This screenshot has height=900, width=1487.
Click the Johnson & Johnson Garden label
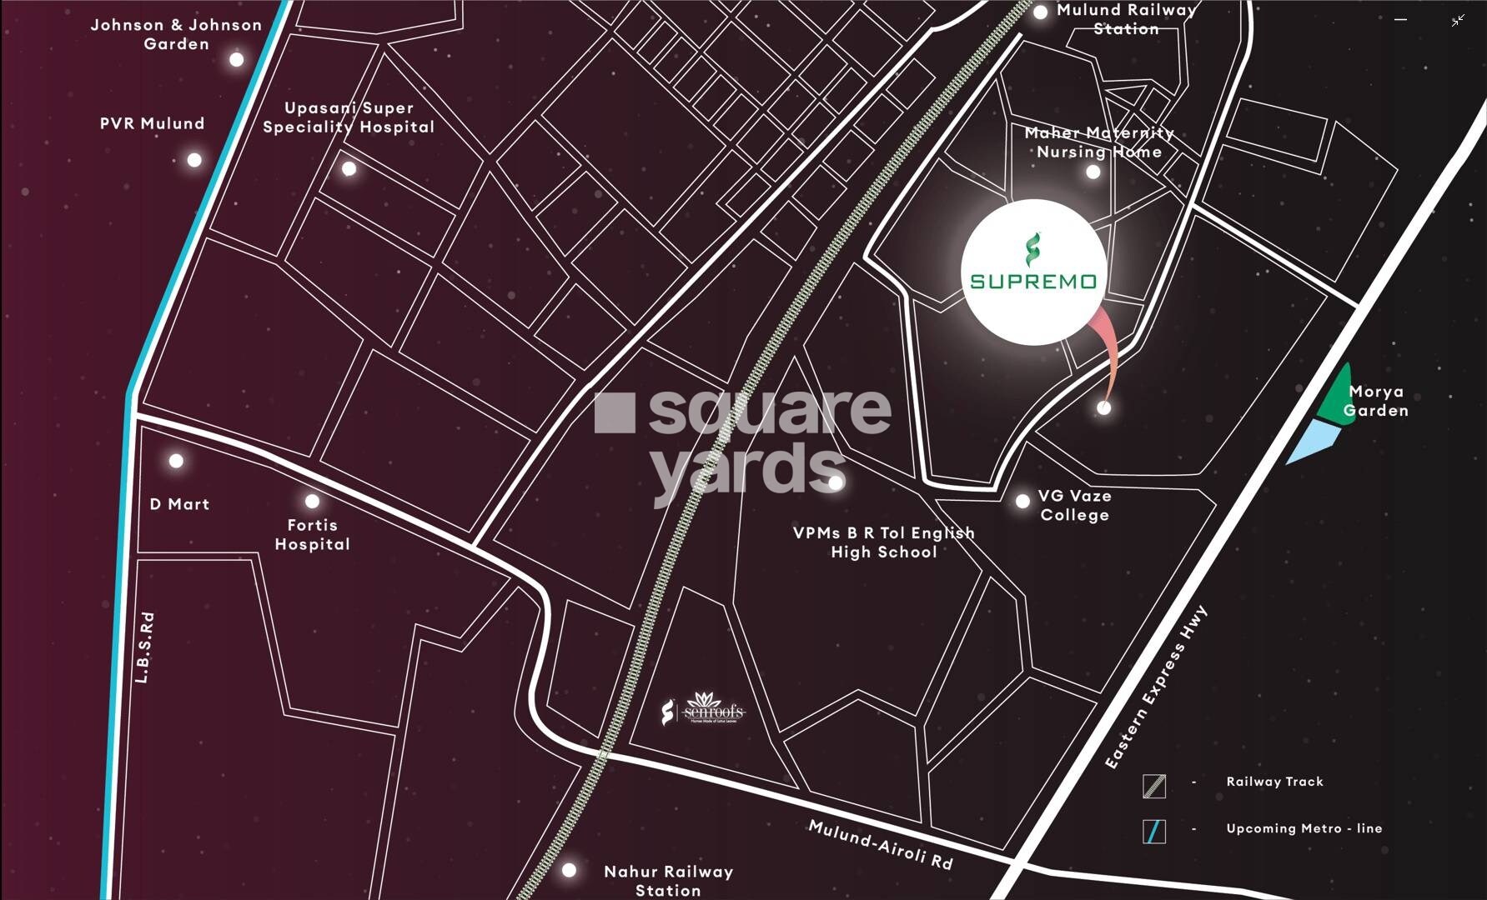point(176,35)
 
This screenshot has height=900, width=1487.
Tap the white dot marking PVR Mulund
point(194,160)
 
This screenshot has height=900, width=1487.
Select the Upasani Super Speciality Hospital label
point(349,117)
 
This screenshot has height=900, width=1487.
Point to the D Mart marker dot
point(176,461)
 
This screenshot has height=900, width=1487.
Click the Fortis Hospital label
point(312,534)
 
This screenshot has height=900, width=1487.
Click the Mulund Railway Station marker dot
point(1040,12)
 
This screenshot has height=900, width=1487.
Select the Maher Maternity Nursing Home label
point(1099,142)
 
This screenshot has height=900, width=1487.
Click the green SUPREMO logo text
point(1033,281)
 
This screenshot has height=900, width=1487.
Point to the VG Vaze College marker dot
point(1022,502)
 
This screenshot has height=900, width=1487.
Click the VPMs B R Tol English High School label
point(884,542)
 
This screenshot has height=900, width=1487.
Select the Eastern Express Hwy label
point(1155,688)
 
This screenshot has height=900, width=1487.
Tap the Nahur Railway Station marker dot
point(569,870)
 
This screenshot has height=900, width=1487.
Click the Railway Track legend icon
point(1154,785)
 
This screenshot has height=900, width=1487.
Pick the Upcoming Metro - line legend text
point(1304,828)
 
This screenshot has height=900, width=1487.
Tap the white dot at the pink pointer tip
point(1104,407)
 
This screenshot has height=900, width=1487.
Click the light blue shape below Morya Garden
point(1315,440)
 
